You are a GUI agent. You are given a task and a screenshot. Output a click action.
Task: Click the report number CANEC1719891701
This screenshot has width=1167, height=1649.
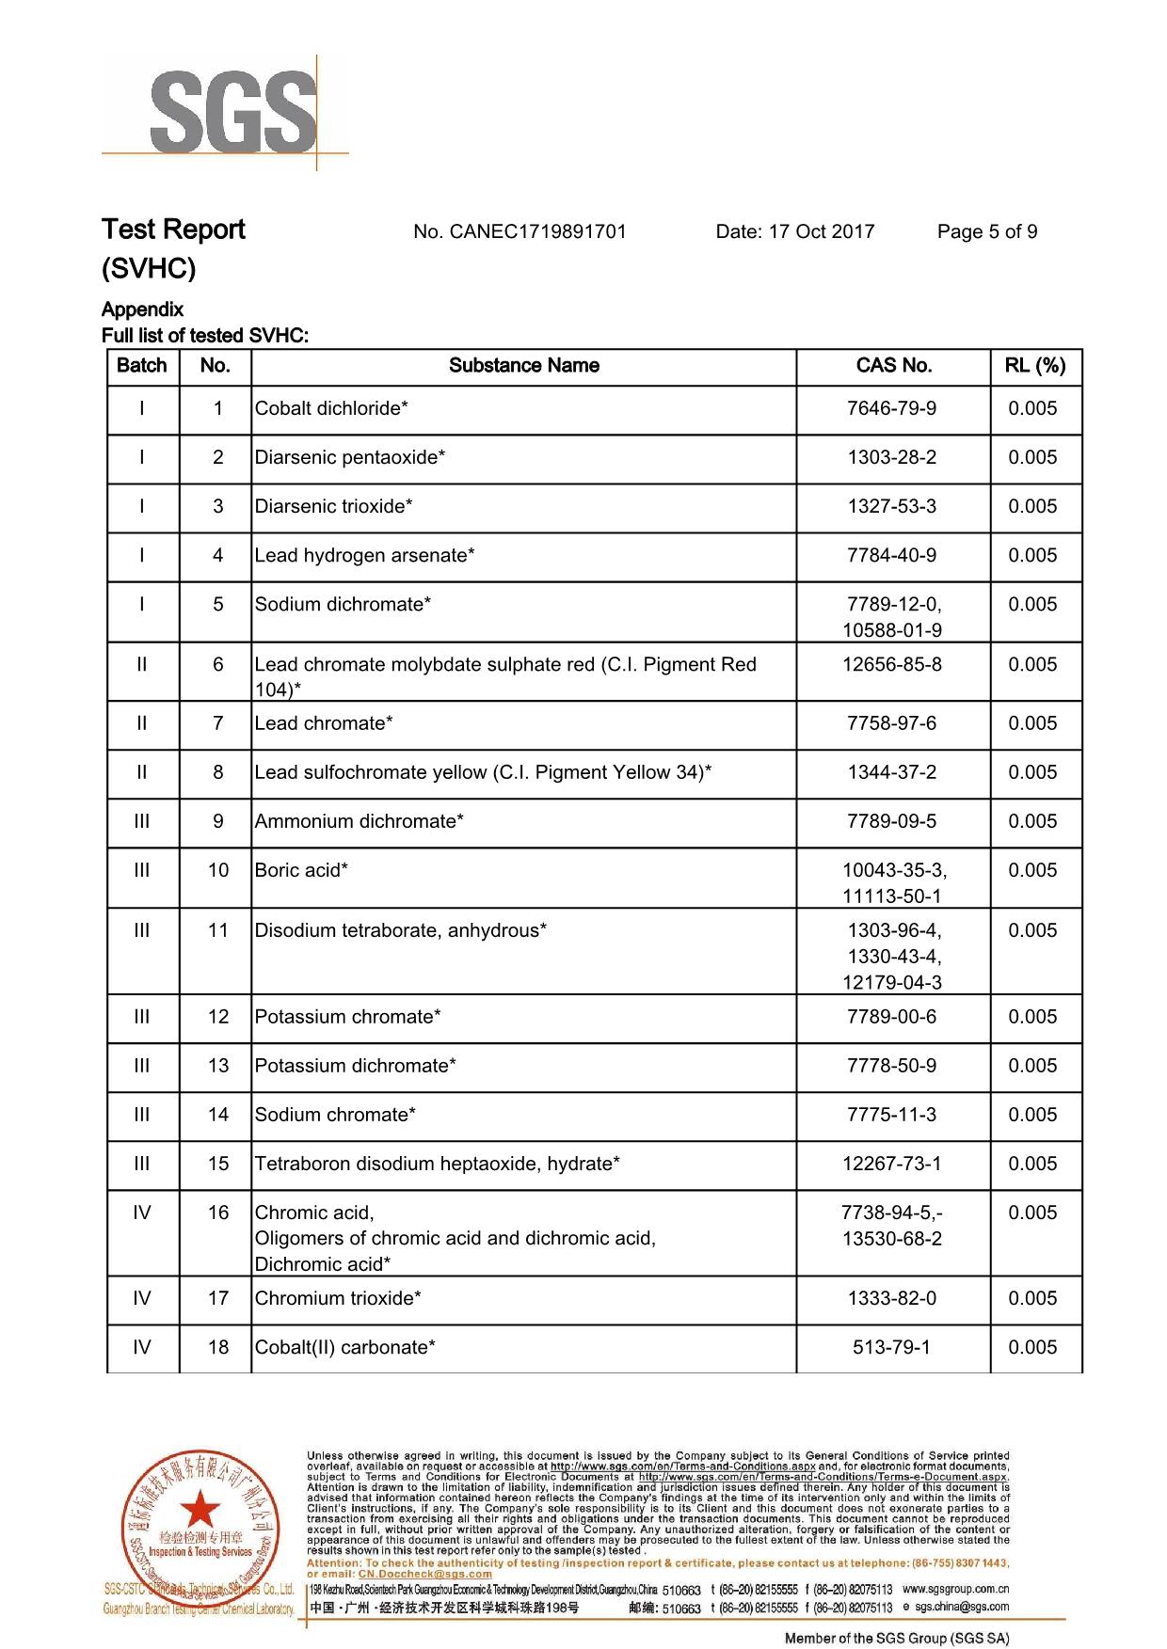[x=520, y=231]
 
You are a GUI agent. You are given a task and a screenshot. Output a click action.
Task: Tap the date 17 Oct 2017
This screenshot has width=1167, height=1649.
[x=795, y=231]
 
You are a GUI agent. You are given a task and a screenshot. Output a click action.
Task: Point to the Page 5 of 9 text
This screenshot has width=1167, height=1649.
[x=987, y=231]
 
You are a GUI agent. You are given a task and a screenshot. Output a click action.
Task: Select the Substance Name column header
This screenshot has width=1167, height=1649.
[x=523, y=366]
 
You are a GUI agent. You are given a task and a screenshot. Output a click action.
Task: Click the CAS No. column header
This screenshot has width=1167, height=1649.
[x=893, y=366]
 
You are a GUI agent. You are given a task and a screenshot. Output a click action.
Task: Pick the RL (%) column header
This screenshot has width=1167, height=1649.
[x=1035, y=366]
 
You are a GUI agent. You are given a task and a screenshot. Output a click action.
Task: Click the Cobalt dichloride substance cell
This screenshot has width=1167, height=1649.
[x=331, y=408]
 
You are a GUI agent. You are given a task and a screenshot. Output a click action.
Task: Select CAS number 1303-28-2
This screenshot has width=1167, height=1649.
[x=891, y=457]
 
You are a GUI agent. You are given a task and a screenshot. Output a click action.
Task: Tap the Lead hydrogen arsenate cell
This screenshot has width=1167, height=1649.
[x=364, y=555]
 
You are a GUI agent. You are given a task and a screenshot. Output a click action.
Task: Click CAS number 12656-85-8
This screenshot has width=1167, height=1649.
[x=891, y=664]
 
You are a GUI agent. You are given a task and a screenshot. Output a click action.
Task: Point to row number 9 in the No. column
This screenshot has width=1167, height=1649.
[x=217, y=821]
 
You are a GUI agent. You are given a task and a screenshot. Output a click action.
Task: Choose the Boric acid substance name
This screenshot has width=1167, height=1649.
[x=301, y=870]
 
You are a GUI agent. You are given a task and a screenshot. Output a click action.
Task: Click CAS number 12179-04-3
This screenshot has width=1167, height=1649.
[x=891, y=982]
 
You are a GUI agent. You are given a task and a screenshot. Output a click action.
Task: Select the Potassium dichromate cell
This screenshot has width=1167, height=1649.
[x=355, y=1066]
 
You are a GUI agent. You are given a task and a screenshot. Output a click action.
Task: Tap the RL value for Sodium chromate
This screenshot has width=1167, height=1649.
[x=1032, y=1115]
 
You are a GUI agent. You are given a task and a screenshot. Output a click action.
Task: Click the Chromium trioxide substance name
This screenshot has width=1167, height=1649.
[x=338, y=1298]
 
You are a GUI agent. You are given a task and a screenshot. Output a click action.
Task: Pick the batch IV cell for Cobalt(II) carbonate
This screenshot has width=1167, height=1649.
[x=142, y=1347]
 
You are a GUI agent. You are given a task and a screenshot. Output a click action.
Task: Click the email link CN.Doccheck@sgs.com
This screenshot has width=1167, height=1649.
[x=425, y=1574]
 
